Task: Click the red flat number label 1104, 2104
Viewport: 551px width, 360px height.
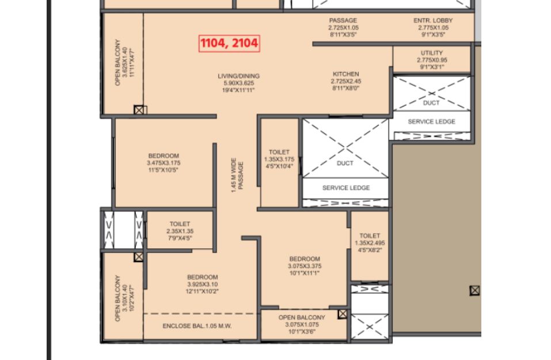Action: tap(230, 43)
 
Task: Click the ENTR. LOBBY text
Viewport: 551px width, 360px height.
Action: tap(434, 20)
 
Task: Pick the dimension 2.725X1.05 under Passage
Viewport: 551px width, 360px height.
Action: tap(344, 28)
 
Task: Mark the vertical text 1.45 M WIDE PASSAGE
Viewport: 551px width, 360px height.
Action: tap(237, 175)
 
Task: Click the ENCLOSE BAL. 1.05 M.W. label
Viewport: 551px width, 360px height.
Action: tap(197, 326)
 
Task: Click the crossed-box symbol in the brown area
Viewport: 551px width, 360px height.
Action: tap(474, 290)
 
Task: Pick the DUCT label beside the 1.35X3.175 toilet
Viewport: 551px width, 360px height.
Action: tap(345, 163)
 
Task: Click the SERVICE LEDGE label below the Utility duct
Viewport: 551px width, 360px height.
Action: tap(431, 122)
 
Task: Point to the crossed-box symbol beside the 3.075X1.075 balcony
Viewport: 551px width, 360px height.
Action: tap(343, 314)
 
